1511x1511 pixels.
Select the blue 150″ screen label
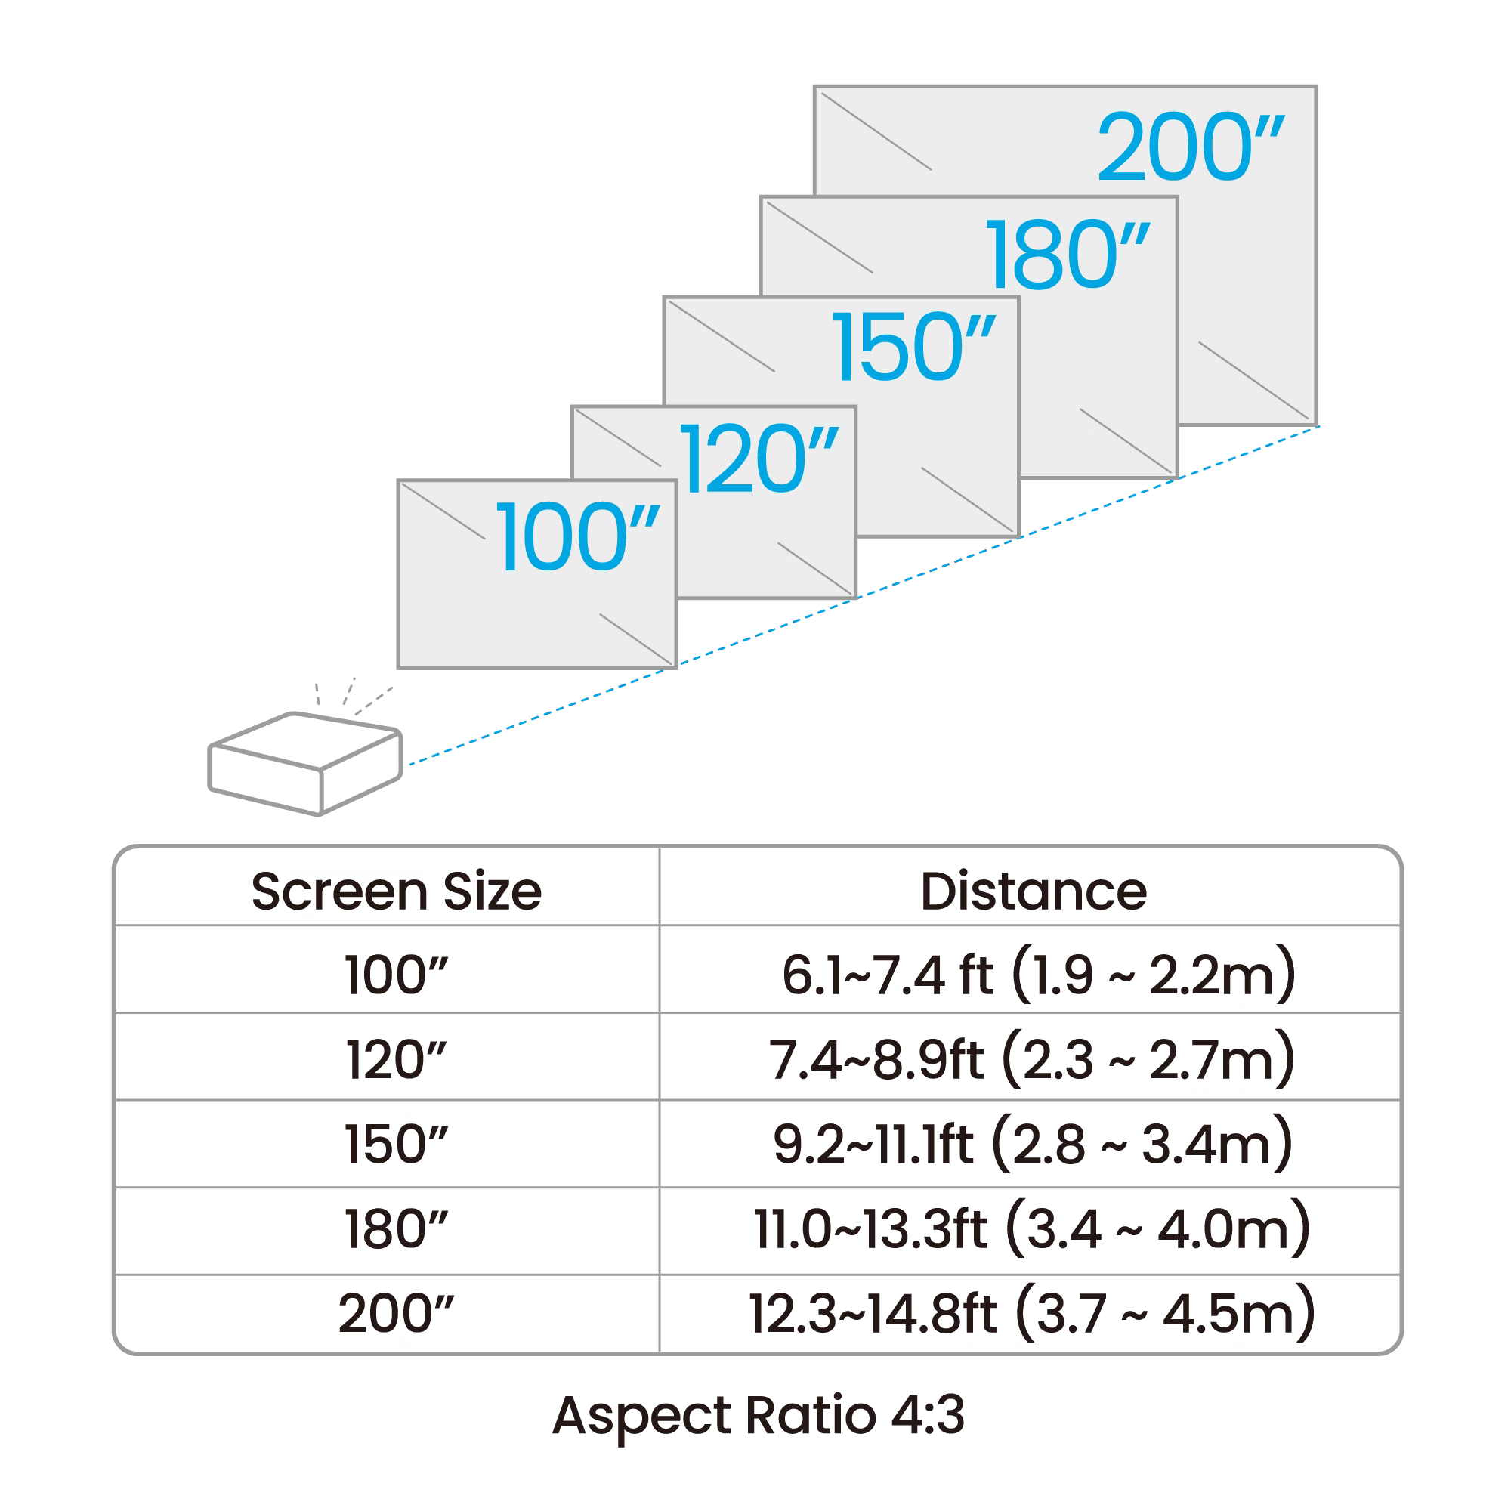pyautogui.click(x=913, y=347)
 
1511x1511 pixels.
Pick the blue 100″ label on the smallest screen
pyautogui.click(x=577, y=537)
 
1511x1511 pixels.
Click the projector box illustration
pyautogui.click(x=305, y=763)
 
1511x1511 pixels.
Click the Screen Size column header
pyautogui.click(x=396, y=891)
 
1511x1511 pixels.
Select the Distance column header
pyautogui.click(x=1033, y=891)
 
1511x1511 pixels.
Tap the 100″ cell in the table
pyautogui.click(x=396, y=975)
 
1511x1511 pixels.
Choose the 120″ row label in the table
pyautogui.click(x=396, y=1060)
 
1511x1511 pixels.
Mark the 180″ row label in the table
pyautogui.click(x=396, y=1228)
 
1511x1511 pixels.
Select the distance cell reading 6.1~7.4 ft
pyautogui.click(x=1038, y=975)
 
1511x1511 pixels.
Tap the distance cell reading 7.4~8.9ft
pyautogui.click(x=1031, y=1060)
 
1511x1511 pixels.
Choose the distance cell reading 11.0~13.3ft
pyautogui.click(x=1031, y=1228)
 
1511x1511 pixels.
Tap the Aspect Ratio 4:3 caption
pyautogui.click(x=759, y=1417)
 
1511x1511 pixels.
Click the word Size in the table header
pyautogui.click(x=492, y=891)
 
